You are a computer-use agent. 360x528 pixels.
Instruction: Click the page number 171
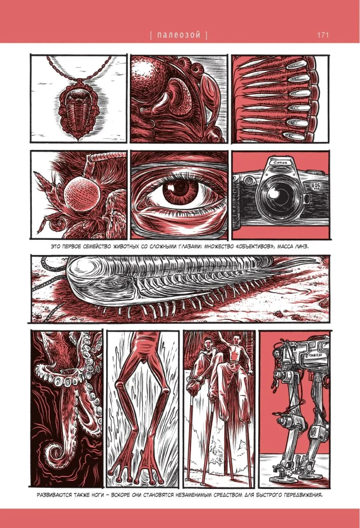pos(324,35)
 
